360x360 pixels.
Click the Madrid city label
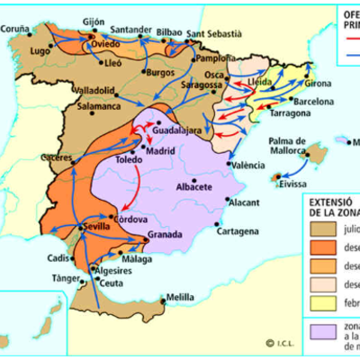(x=159, y=151)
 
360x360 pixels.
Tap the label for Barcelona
(x=313, y=103)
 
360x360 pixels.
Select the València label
(x=247, y=166)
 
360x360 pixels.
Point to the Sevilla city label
(x=95, y=228)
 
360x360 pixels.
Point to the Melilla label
(x=180, y=296)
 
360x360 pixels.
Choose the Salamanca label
(x=75, y=105)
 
